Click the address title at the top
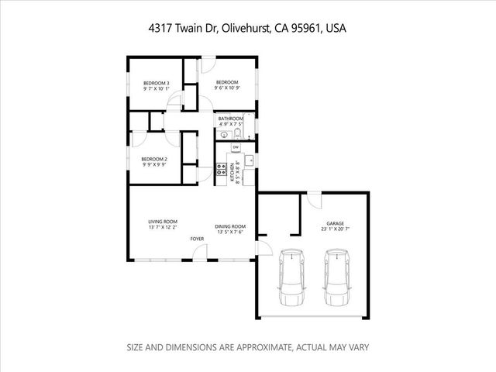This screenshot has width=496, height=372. [247, 28]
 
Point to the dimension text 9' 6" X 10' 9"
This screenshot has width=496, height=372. [226, 88]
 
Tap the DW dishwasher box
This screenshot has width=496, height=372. [235, 146]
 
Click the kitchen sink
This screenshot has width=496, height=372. [249, 160]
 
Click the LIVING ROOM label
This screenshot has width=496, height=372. [163, 222]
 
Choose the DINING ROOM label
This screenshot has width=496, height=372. [229, 226]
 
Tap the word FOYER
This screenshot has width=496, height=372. [198, 239]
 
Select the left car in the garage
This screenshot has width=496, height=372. [291, 277]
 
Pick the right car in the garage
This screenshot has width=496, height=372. [336, 277]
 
